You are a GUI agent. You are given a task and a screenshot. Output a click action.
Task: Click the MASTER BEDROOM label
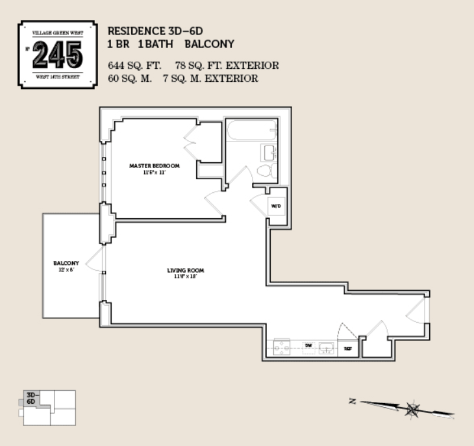click(154, 166)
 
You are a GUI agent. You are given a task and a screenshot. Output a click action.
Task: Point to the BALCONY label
click(66, 263)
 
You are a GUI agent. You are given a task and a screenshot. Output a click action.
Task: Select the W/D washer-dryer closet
click(276, 207)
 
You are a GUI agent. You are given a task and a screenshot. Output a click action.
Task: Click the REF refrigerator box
click(347, 349)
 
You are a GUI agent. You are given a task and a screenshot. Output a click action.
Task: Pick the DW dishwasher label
click(309, 346)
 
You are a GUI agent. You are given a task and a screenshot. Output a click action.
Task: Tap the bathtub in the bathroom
click(251, 132)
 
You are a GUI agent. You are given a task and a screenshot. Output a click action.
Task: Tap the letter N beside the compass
click(352, 402)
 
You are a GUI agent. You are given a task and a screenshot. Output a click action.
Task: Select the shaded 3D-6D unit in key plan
click(32, 399)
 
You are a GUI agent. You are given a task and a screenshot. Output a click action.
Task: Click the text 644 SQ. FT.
click(134, 66)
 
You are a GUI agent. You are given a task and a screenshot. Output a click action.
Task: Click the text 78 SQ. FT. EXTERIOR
click(227, 66)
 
